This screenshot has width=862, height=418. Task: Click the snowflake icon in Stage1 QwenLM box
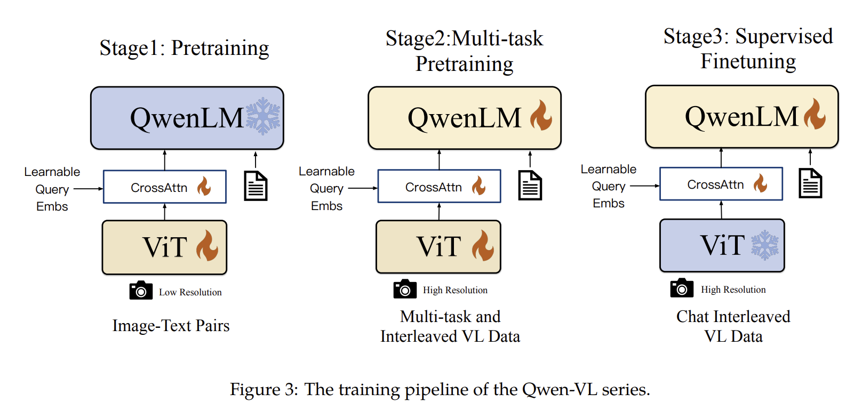coord(263,116)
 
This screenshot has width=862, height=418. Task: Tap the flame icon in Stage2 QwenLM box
coord(541,116)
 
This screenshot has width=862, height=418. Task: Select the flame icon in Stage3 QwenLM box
coord(815,114)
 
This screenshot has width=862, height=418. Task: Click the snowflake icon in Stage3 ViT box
coord(765,245)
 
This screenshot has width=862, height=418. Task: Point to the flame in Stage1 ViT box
coord(207,246)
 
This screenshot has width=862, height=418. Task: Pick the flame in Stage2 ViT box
coord(483,246)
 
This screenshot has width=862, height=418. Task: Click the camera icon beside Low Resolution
coord(141,291)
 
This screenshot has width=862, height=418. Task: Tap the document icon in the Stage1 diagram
coord(256,186)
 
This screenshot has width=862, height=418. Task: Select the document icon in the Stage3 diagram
coord(810,183)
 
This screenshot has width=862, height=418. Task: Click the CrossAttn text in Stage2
coord(433,187)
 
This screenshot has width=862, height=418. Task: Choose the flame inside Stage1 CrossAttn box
coord(204,187)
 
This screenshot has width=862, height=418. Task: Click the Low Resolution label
coord(190,292)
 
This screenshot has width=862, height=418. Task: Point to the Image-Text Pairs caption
coord(171,325)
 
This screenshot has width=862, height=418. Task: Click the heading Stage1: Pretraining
coord(184,48)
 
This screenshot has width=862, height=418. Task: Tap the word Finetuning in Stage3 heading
coord(748,61)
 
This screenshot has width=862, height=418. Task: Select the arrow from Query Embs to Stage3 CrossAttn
coord(644,186)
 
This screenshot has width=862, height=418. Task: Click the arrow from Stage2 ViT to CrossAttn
coord(439,211)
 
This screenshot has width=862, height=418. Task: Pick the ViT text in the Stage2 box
coord(438,246)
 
